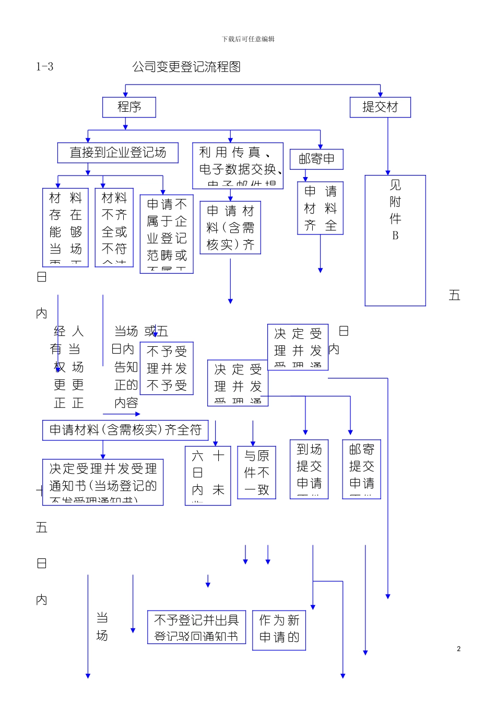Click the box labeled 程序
coord(129,107)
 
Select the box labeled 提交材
coord(380,107)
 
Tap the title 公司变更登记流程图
coord(186,67)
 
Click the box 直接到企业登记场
coord(118,153)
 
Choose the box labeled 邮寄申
coord(316,159)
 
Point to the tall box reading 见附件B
coord(395,240)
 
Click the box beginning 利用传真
coord(238,166)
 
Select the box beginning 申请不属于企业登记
coord(167,234)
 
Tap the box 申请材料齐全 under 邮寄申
coord(320,208)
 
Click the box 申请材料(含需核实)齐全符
coord(125,430)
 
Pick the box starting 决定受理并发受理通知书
coord(103,482)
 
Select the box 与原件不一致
coord(256,473)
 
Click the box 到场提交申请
coord(309,469)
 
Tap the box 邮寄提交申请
coord(361,469)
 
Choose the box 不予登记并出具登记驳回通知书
coord(196,627)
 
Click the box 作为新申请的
coord(279,630)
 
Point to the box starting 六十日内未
coord(208,475)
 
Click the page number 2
coord(458,649)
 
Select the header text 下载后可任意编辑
coord(248,39)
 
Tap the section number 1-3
coord(45,67)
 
